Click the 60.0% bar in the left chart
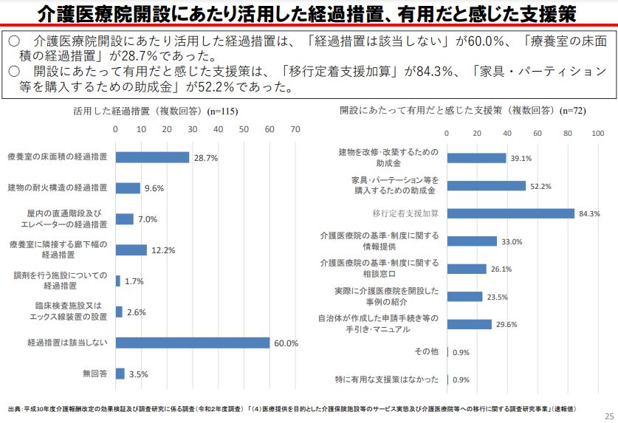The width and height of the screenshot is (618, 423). click(x=193, y=343)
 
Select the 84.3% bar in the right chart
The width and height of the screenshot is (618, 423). click(x=511, y=213)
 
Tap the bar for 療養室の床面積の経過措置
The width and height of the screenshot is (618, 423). click(x=152, y=157)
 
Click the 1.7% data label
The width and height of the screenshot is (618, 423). click(x=134, y=281)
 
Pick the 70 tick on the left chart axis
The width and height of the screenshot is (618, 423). click(x=295, y=128)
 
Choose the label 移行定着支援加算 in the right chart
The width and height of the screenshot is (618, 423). click(x=405, y=213)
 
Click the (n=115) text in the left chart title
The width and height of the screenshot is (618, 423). click(x=223, y=111)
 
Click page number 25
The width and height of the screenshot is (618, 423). click(x=608, y=414)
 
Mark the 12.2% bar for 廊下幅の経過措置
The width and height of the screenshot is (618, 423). click(x=131, y=250)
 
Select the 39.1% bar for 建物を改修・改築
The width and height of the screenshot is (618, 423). click(x=476, y=158)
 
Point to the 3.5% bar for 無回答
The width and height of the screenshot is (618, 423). click(x=120, y=374)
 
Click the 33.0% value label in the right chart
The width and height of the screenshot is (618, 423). click(x=512, y=241)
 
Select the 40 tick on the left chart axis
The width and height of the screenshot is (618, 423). click(x=218, y=128)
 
